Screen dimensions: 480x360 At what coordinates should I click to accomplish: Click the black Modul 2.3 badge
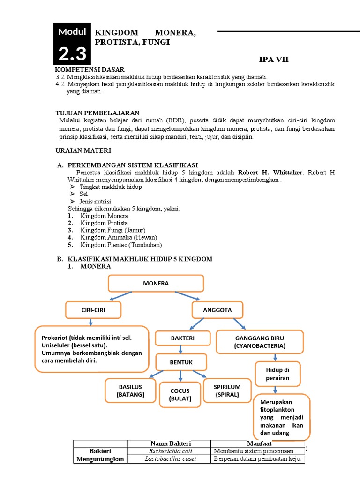(72, 43)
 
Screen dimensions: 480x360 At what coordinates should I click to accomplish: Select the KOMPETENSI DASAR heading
(90, 69)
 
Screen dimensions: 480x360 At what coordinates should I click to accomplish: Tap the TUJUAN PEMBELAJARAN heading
(97, 113)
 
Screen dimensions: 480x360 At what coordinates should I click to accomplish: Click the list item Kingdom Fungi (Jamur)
(113, 230)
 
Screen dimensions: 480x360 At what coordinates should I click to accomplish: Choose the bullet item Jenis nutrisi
(95, 202)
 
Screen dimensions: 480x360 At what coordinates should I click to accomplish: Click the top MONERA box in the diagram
(156, 284)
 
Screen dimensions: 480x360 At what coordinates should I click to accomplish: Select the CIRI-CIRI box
(93, 310)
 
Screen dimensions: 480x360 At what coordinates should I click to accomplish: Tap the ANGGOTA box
(217, 310)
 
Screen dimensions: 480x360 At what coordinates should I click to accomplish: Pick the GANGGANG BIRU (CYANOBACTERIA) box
(260, 342)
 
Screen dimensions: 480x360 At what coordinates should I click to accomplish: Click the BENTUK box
(181, 362)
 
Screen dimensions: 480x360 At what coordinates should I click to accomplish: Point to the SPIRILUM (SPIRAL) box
(227, 390)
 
